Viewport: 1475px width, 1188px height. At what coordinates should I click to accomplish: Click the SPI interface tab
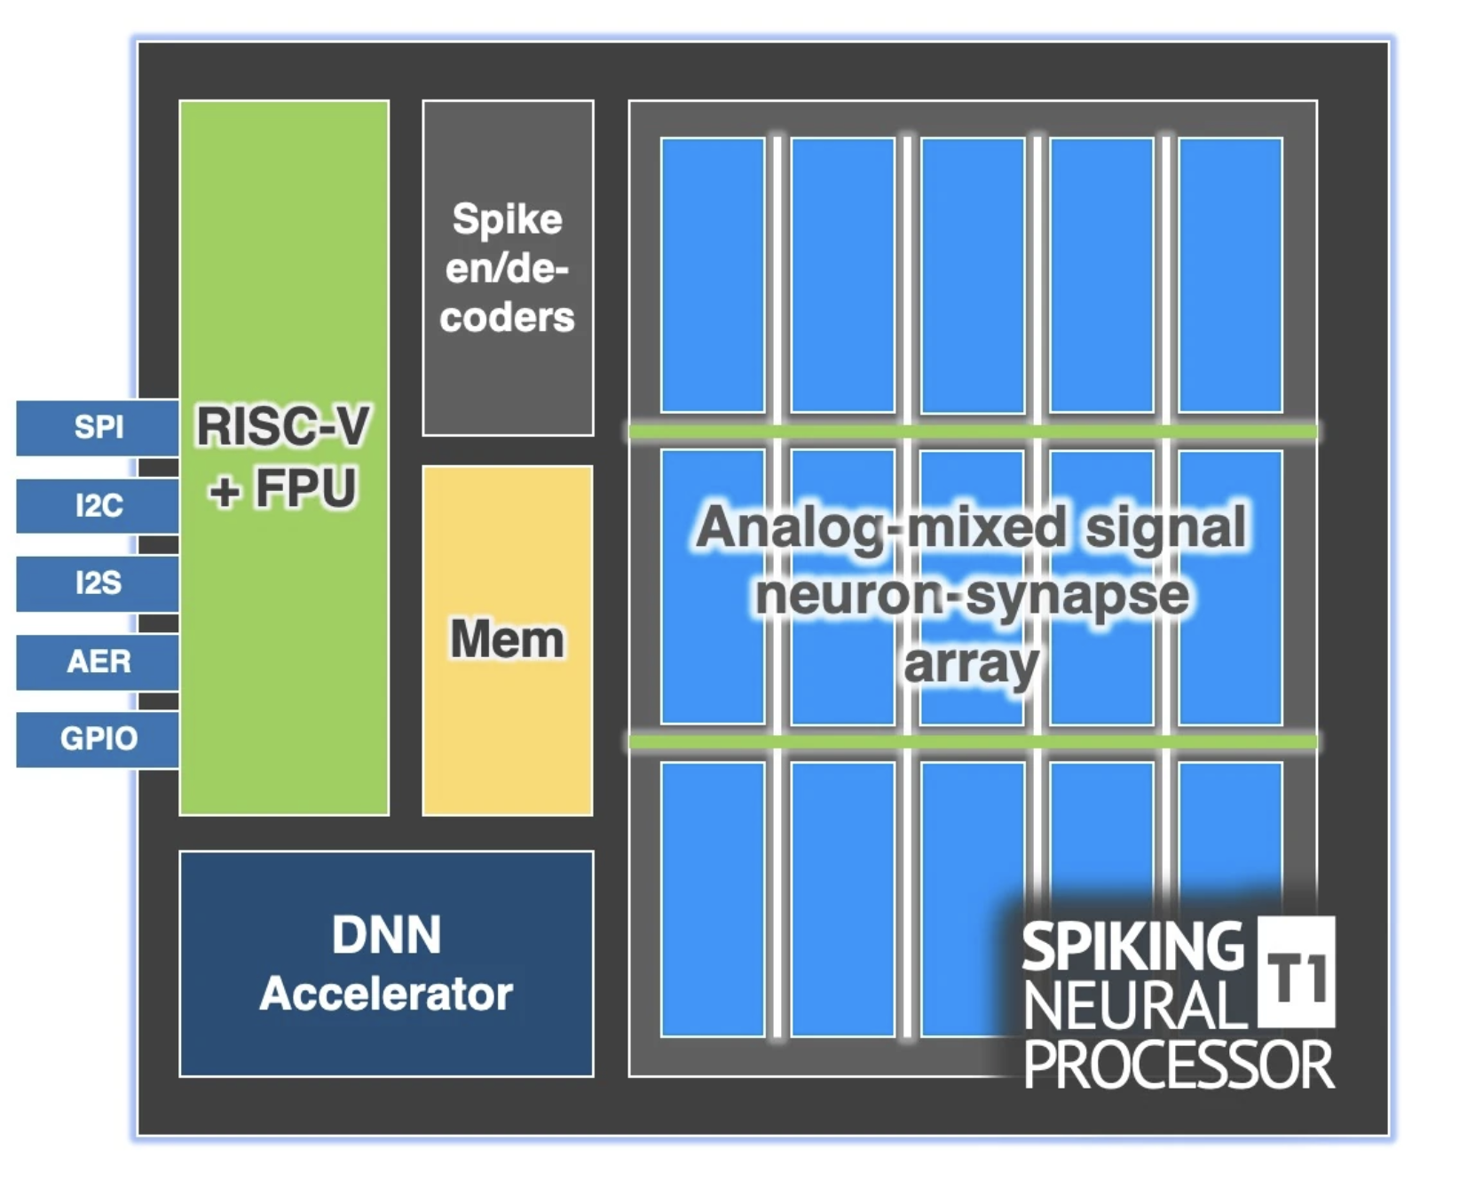click(98, 427)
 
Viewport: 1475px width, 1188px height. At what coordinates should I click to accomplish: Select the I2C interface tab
click(98, 505)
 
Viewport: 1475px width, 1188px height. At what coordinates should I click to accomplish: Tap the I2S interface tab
click(98, 583)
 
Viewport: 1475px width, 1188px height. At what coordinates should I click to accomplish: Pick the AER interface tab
click(98, 661)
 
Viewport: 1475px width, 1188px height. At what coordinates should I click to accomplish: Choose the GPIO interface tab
click(98, 739)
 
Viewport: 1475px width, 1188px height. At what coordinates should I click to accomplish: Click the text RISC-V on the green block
click(282, 426)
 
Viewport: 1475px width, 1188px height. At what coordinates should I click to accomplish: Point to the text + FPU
click(282, 488)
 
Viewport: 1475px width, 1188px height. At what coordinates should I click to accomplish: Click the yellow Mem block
click(507, 639)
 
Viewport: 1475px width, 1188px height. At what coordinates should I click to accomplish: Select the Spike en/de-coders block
click(507, 267)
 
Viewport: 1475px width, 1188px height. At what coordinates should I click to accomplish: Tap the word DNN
click(386, 935)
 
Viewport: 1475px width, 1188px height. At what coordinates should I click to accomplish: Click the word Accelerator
click(386, 994)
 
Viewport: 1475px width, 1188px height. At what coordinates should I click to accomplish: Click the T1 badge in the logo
click(1297, 978)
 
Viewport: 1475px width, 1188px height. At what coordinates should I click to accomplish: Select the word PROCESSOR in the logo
click(1179, 1065)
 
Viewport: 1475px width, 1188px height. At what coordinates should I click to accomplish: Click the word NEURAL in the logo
click(1135, 1006)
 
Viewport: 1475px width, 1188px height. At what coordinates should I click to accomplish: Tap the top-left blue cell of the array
click(713, 274)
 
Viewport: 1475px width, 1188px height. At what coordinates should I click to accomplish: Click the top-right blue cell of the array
click(1230, 274)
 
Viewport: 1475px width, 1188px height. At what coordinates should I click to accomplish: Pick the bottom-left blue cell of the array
click(713, 899)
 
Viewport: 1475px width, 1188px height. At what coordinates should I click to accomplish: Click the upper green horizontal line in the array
click(972, 432)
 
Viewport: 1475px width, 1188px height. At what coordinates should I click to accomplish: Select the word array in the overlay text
click(971, 664)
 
